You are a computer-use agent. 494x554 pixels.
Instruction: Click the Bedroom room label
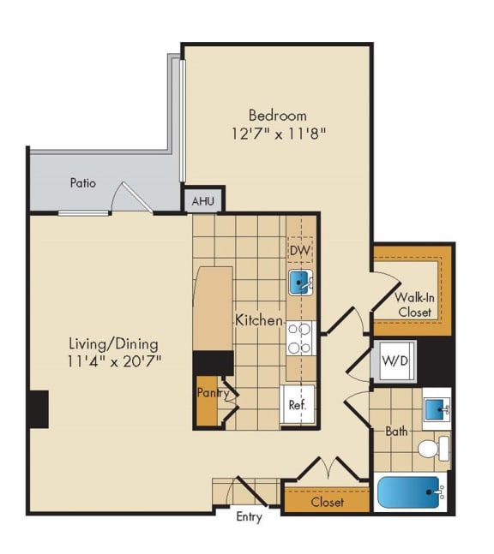277,115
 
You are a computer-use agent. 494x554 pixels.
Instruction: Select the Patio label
83,183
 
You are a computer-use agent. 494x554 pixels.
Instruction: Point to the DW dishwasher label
299,251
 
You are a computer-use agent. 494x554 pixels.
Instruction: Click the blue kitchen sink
300,283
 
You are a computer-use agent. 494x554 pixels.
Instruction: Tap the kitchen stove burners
300,338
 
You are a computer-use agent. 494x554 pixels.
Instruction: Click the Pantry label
212,394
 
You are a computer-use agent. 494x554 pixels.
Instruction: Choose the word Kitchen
259,320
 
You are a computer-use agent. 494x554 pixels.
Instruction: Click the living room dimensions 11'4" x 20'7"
115,360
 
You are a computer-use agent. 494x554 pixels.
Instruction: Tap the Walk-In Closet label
414,305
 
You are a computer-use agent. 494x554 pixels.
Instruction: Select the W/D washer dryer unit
395,361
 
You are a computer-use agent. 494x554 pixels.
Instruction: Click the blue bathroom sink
436,408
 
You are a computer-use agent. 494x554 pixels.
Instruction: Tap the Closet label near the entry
328,502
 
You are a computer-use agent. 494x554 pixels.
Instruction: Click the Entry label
249,518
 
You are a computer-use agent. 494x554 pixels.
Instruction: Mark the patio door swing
130,199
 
